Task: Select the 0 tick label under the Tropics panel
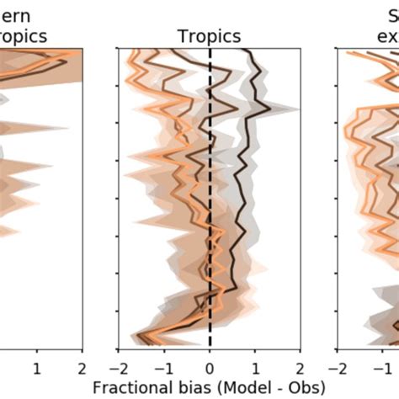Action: [x=210, y=367]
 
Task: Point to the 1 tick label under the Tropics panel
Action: [x=255, y=367]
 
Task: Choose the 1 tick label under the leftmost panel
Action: [x=36, y=367]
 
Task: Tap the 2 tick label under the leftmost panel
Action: [x=82, y=367]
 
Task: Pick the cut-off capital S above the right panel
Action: [x=391, y=15]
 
